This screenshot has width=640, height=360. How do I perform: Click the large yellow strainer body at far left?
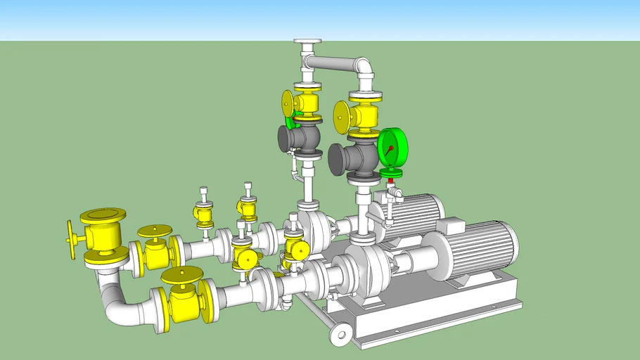pyautogui.click(x=103, y=233)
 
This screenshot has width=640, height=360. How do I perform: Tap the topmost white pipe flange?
pyautogui.click(x=308, y=43)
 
